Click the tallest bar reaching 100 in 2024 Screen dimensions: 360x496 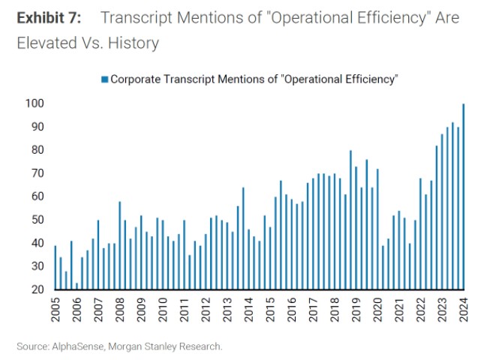(463, 196)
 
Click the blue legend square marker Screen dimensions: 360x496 (104, 79)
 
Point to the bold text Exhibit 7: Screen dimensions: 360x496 (50, 17)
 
